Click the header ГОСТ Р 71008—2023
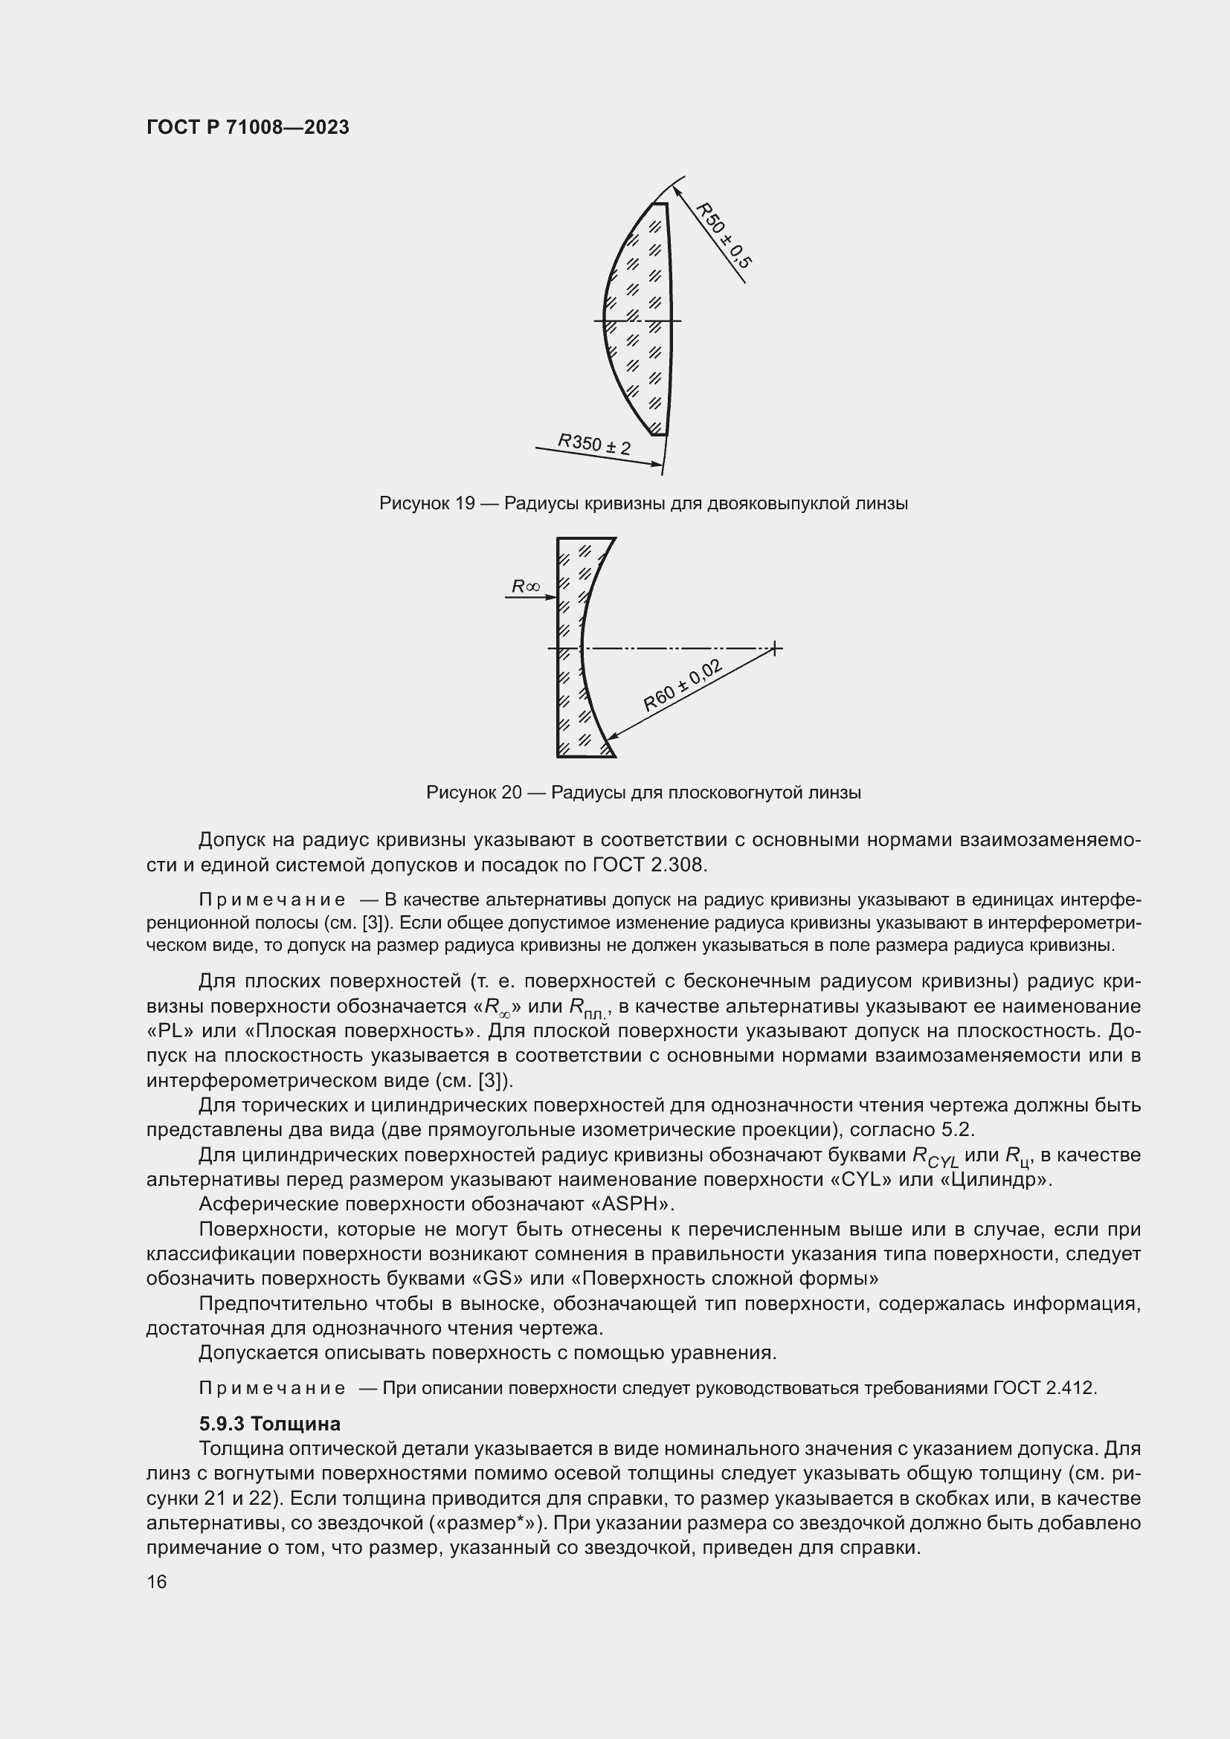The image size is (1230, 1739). (x=248, y=127)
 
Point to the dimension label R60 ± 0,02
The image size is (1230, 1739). (x=683, y=685)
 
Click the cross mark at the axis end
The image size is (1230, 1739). (x=775, y=648)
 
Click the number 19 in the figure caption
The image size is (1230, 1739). (x=465, y=503)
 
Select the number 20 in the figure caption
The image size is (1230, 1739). (x=512, y=793)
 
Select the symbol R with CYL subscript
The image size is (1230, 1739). (x=934, y=1156)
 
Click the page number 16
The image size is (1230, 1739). (x=157, y=1581)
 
